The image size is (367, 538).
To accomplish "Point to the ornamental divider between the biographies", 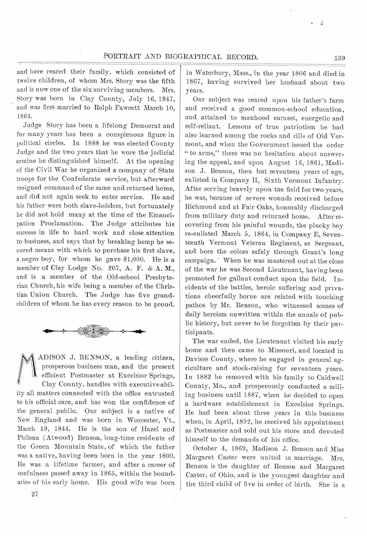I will [x=95, y=331].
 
